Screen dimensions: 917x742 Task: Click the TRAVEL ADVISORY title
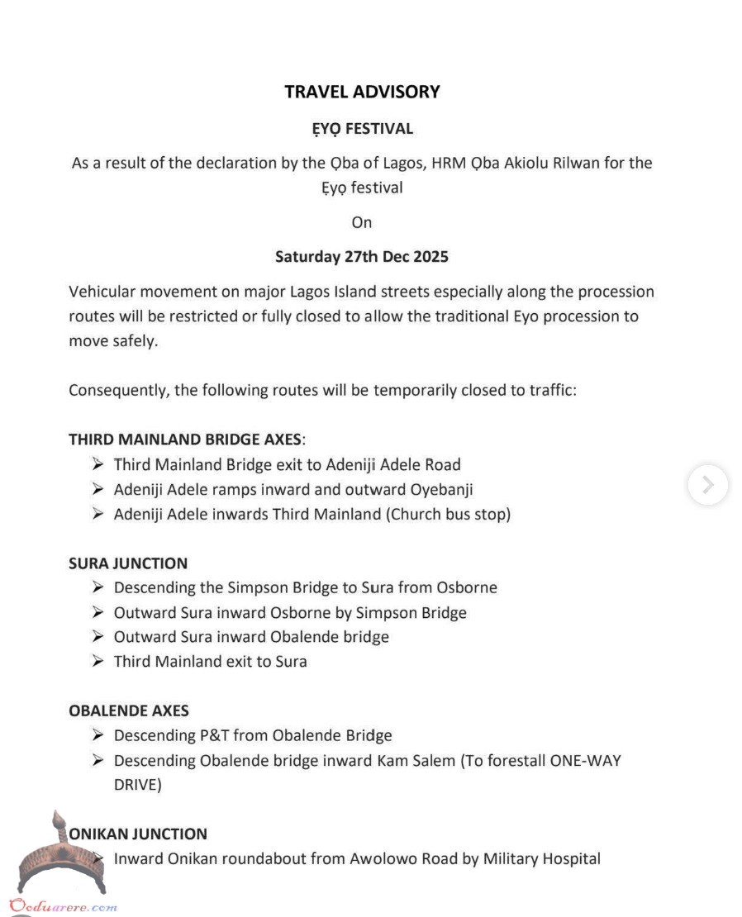[362, 92]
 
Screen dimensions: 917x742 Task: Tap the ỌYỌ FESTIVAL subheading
[362, 129]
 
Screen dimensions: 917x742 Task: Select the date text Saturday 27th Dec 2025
[362, 257]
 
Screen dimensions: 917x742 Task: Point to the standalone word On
[362, 222]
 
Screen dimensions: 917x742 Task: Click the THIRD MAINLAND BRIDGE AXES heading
[186, 439]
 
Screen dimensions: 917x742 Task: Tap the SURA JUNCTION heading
[128, 563]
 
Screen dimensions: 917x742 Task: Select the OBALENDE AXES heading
[129, 710]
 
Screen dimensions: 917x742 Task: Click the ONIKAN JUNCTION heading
[138, 834]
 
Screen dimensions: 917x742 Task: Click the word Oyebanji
[441, 489]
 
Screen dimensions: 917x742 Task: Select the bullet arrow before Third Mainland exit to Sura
[98, 661]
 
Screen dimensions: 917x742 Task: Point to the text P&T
[213, 735]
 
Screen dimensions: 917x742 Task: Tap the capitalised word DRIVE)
[137, 784]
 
